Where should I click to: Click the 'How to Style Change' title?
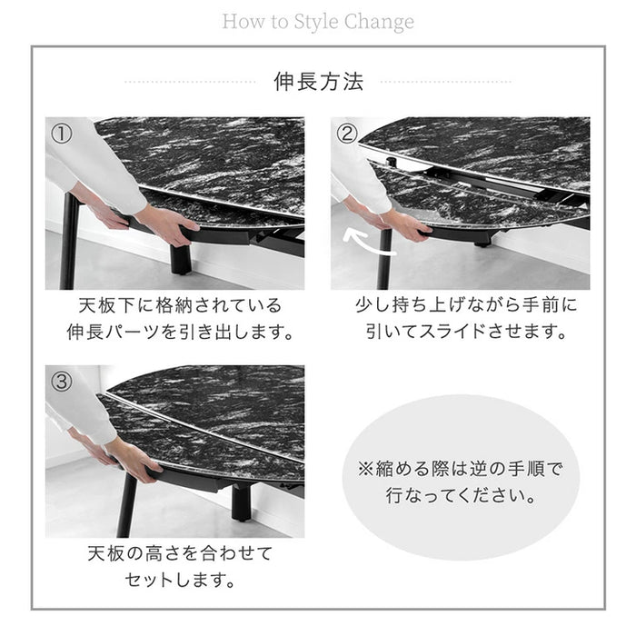point(318,20)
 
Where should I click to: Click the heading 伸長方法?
point(318,82)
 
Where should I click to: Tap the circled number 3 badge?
point(62,382)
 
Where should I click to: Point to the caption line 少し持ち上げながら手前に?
point(465,305)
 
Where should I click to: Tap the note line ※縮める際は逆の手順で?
point(458,470)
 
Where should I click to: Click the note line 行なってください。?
point(458,498)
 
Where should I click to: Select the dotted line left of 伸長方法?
point(191,83)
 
